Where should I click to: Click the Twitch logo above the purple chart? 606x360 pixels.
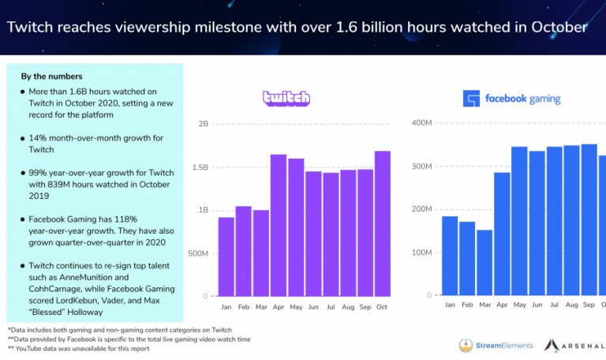coord(286,98)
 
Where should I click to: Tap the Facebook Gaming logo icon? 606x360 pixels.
coord(471,99)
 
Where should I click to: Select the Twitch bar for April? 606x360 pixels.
coord(279,225)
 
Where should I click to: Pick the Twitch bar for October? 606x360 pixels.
coord(383,223)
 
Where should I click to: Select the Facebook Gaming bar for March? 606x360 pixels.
coord(484,262)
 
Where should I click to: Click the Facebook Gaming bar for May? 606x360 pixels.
coord(519,220)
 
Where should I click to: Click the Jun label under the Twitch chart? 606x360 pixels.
coord(313,306)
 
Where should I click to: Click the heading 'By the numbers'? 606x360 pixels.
coord(52,77)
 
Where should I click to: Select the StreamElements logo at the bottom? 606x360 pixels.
coord(496,345)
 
